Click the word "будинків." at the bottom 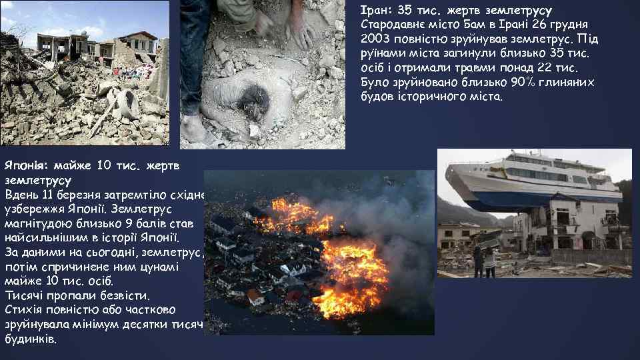click(x=31, y=339)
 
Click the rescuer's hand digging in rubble click(x=300, y=30)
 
